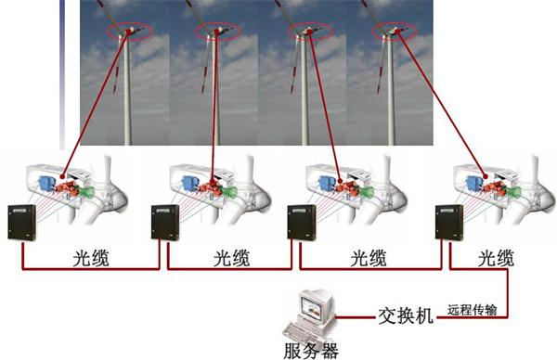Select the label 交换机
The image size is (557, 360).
coord(405,315)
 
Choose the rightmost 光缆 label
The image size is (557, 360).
coord(496,255)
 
